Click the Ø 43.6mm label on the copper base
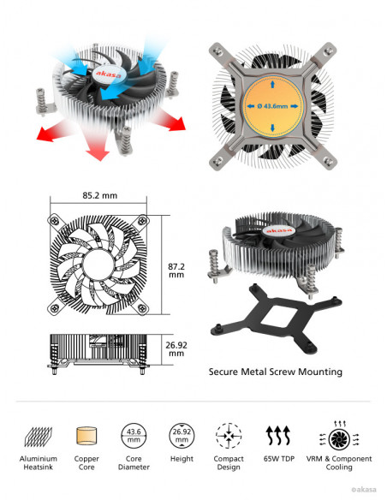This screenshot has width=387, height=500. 272,106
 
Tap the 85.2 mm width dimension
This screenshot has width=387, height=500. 100,195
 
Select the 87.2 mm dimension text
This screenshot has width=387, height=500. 176,271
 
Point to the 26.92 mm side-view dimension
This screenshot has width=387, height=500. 176,349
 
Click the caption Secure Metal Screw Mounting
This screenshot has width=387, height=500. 276,372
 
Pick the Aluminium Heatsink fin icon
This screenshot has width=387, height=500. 39,437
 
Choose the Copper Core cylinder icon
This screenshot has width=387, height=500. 86,436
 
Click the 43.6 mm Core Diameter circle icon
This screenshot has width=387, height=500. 134,436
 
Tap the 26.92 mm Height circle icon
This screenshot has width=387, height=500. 182,436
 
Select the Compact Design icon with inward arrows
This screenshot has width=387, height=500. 229,436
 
